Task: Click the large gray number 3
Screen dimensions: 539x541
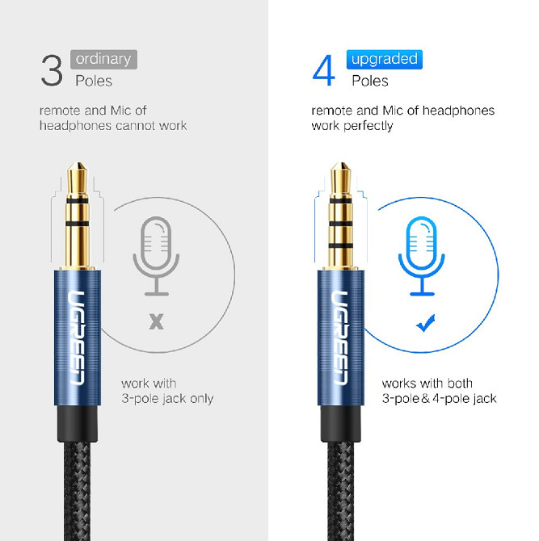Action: coord(52,71)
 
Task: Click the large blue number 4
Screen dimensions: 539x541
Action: coord(323,70)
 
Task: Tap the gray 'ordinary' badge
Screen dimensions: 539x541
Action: coord(103,59)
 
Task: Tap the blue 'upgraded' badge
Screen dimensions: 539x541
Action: coord(385,59)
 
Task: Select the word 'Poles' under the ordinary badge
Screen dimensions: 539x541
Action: coord(94,81)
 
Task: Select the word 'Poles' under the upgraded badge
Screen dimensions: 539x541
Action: coord(370,81)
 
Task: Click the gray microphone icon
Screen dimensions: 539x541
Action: coord(156,256)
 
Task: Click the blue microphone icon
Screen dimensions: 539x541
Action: coord(422,256)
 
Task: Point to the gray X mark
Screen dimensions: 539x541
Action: coord(157,321)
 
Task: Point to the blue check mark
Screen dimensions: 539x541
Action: coord(426,323)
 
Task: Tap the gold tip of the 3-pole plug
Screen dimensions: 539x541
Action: coord(77,179)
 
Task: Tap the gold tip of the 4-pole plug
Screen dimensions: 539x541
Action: coord(341,179)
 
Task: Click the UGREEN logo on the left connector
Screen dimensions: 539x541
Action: coord(77,338)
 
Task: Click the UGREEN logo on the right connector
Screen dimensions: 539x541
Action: coord(340,338)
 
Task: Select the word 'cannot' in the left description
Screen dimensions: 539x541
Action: coord(136,126)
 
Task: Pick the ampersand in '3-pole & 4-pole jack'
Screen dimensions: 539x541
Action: coord(425,399)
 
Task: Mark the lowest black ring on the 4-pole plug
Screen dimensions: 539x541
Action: coord(341,245)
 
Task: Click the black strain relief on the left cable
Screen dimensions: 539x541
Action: coord(78,423)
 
